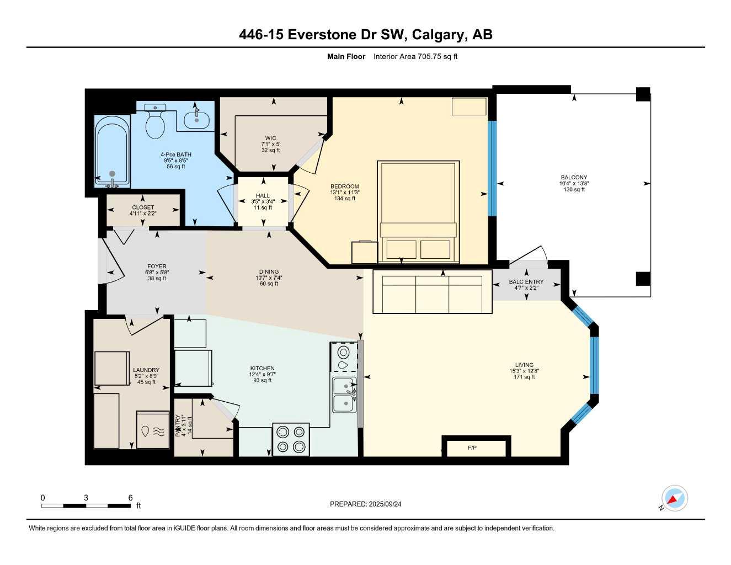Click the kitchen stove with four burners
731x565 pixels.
(x=291, y=439)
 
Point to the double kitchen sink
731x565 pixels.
(x=344, y=395)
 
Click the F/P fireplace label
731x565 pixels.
(x=472, y=447)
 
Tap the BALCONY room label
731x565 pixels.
(x=574, y=178)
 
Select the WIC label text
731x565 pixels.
(x=270, y=138)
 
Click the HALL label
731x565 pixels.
(x=263, y=196)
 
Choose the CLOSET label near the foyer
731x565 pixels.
(x=143, y=207)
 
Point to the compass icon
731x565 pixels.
(x=674, y=499)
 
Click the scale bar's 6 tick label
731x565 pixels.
(x=131, y=498)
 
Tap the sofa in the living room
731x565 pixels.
(x=432, y=292)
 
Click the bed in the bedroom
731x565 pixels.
(x=418, y=212)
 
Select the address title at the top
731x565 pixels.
(x=365, y=35)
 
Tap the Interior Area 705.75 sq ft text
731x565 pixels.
(x=415, y=56)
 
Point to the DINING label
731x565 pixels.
(x=269, y=272)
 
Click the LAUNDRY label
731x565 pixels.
(x=146, y=370)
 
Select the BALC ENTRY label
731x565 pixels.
(x=526, y=282)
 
